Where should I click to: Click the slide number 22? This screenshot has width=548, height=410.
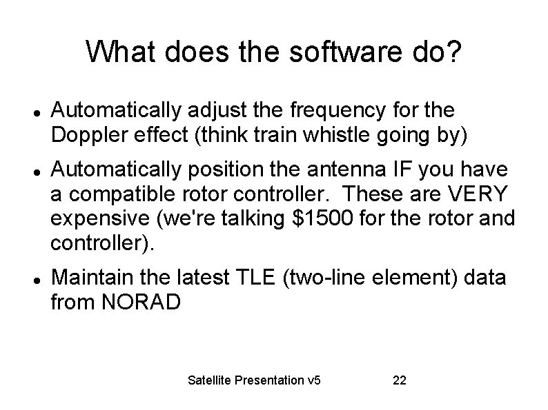[399, 380]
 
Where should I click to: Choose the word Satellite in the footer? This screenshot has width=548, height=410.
[210, 380]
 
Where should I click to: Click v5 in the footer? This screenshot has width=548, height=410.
[315, 380]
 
